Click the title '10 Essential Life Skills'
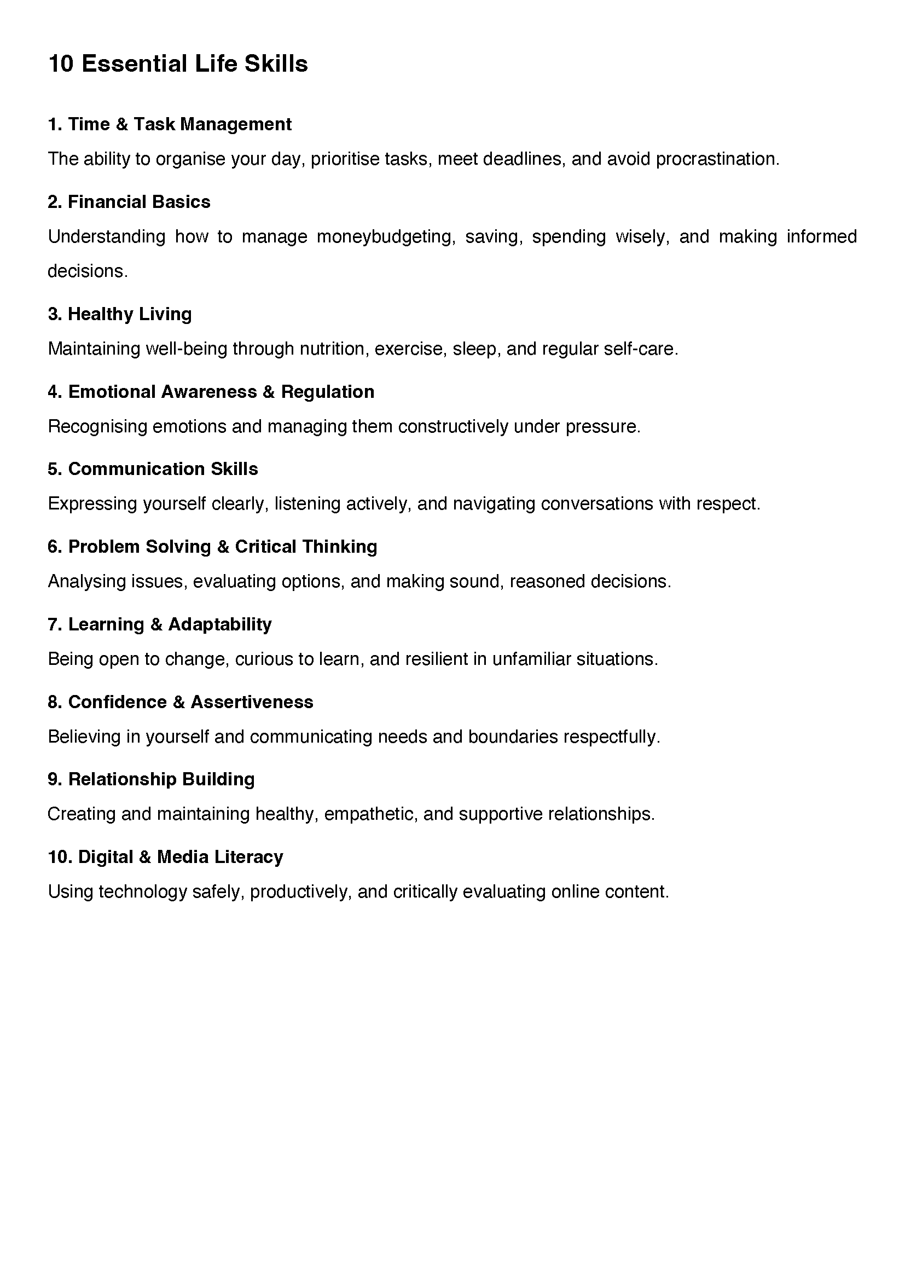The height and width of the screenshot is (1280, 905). (178, 64)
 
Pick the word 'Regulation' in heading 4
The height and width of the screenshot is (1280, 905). (327, 392)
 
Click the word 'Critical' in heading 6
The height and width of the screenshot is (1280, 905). (265, 547)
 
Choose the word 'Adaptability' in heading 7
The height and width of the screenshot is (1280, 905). (219, 624)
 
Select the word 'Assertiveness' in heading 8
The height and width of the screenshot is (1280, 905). (252, 702)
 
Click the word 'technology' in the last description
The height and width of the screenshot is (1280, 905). (142, 892)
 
